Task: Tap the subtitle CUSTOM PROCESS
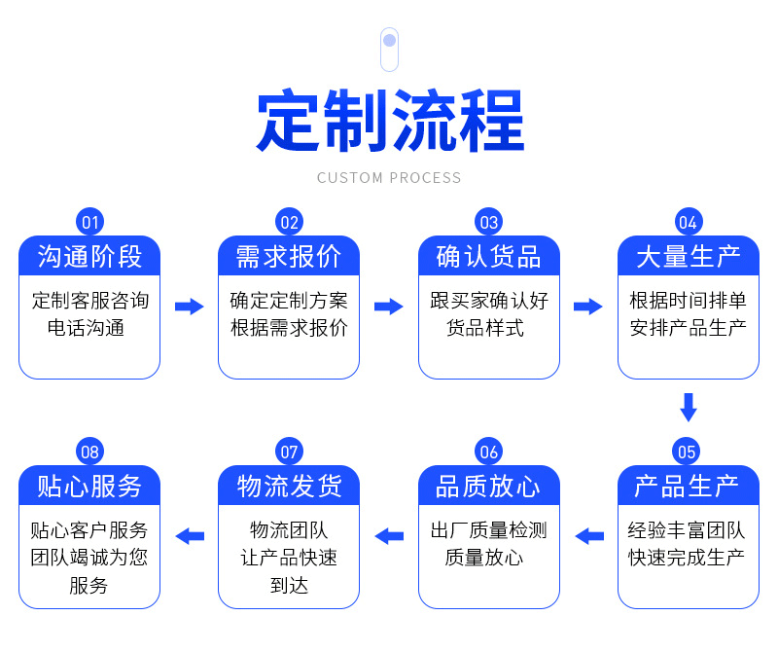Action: pos(389,178)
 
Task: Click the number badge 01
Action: pos(89,222)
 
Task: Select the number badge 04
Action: pos(688,222)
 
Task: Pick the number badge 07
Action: pos(289,452)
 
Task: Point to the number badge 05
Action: pos(688,452)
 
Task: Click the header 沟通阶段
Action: pos(89,256)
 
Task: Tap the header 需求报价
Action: pos(289,256)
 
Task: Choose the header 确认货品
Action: pos(488,256)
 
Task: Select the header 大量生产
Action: pos(688,256)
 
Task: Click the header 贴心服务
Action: pos(89,486)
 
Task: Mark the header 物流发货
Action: pos(289,486)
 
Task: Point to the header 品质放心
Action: pos(488,486)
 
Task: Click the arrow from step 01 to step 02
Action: pos(189,307)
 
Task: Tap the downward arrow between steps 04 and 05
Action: pos(689,407)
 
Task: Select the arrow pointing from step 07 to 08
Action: pos(189,536)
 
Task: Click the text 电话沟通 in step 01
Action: pos(89,328)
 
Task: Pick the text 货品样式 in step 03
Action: pos(488,328)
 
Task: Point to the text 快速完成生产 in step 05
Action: pos(688,558)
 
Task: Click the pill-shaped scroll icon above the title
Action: pos(389,50)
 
